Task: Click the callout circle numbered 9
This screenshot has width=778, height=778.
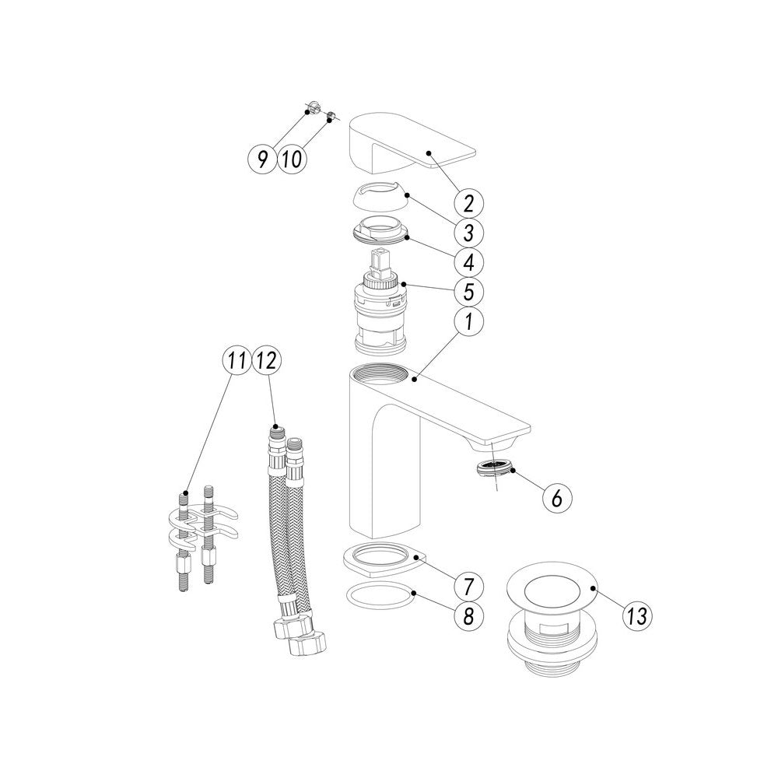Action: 262,159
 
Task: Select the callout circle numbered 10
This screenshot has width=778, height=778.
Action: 292,159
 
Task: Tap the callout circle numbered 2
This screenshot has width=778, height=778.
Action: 469,202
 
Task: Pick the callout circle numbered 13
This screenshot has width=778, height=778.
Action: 637,616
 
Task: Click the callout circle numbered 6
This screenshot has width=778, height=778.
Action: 557,497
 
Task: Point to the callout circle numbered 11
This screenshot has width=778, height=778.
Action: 237,361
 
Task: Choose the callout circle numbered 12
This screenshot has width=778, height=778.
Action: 266,361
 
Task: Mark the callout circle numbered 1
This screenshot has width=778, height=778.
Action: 469,321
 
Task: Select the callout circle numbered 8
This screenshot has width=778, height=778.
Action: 469,615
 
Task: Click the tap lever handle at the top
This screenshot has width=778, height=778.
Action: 411,143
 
